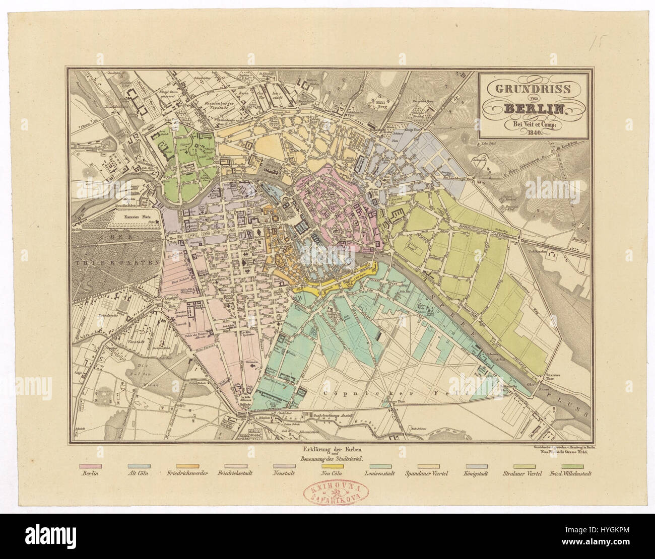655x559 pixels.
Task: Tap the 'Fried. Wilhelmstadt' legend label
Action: pyautogui.click(x=570, y=474)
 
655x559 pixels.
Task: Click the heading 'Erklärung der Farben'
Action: pyautogui.click(x=326, y=449)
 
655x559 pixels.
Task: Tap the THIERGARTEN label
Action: pyautogui.click(x=116, y=262)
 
